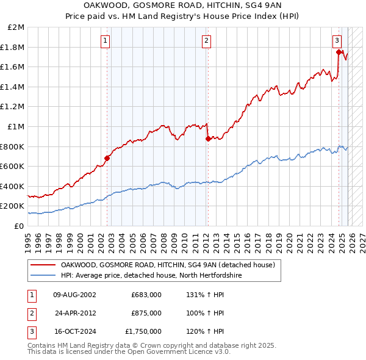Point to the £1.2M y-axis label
click(x=13, y=107)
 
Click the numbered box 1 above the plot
click(x=106, y=41)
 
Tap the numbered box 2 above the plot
click(x=206, y=41)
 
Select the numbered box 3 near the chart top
click(x=337, y=41)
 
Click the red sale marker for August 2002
click(x=107, y=158)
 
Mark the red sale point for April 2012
click(x=208, y=139)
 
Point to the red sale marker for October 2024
click(x=339, y=52)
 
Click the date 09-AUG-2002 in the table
click(x=74, y=295)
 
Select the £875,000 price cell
click(x=146, y=313)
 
